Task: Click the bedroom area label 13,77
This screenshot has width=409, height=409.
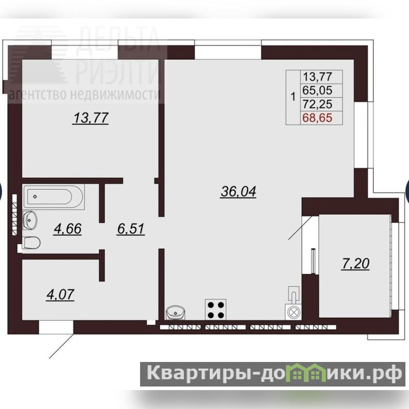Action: click(91, 118)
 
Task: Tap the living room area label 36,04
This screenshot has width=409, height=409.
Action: click(238, 191)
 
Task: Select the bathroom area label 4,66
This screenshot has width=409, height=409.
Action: click(67, 229)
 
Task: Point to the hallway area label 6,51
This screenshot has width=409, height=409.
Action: click(131, 229)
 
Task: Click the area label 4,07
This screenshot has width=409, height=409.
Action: click(60, 294)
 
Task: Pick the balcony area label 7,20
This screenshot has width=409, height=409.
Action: click(355, 264)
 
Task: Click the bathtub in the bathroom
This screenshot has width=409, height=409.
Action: click(54, 197)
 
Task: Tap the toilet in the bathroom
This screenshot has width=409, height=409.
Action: click(31, 243)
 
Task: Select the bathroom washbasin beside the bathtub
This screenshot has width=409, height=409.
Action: click(30, 220)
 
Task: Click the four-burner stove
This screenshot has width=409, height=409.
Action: click(216, 310)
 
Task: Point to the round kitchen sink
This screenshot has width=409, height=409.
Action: click(175, 313)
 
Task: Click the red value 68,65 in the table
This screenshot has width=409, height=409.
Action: click(317, 118)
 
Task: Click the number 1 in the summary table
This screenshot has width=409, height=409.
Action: click(293, 97)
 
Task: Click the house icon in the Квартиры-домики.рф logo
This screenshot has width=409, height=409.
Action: click(309, 372)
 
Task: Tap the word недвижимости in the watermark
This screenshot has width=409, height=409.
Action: click(115, 95)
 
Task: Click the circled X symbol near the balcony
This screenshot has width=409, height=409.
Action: click(293, 312)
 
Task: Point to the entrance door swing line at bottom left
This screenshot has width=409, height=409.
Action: click(61, 346)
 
